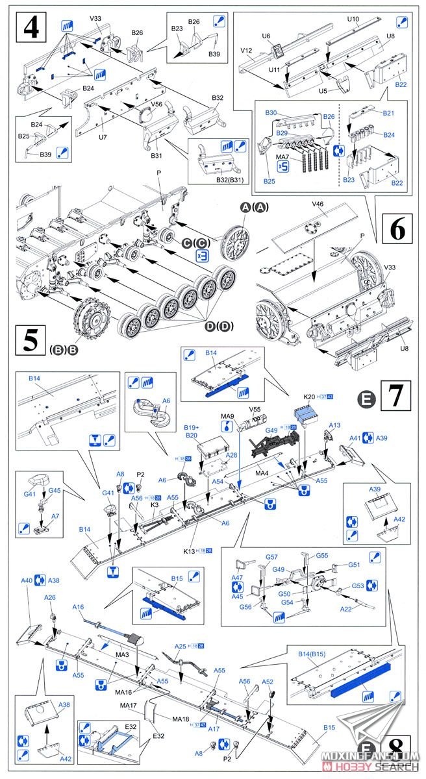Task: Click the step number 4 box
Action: tap(31, 29)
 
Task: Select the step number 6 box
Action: tap(399, 229)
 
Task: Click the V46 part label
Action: tap(318, 204)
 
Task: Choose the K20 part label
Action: tap(308, 396)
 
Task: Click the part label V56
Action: tap(156, 104)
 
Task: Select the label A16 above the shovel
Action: tap(78, 607)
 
